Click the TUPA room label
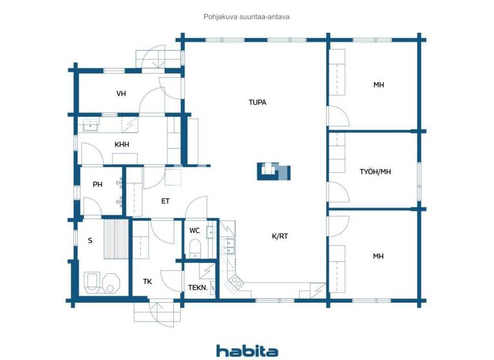(x=257, y=102)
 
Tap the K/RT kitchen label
(x=280, y=236)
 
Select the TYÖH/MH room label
(x=375, y=172)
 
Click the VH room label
(x=121, y=94)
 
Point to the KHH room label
(x=122, y=145)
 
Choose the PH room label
(x=98, y=185)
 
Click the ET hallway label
(x=165, y=201)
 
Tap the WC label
(x=195, y=231)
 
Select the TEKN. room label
(x=197, y=287)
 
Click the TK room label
(x=147, y=281)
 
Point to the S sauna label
(x=90, y=240)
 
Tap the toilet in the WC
(x=195, y=248)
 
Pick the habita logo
(x=247, y=351)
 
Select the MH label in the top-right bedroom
(x=378, y=85)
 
